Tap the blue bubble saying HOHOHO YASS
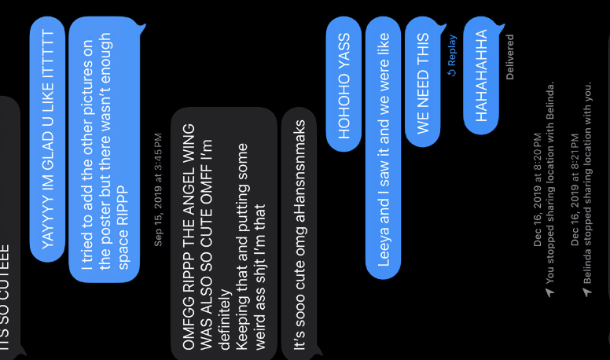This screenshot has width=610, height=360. [344, 84]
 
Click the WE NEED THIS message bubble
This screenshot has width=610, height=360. [423, 82]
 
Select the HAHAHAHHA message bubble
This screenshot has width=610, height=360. [481, 75]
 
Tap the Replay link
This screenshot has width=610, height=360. [452, 55]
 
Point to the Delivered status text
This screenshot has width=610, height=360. [509, 57]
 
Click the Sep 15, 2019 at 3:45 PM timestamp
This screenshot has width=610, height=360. [158, 189]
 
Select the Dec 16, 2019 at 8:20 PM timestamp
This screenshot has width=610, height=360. [537, 189]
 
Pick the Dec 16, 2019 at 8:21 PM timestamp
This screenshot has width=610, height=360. [575, 189]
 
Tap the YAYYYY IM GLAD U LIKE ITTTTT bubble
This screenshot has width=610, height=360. [47, 139]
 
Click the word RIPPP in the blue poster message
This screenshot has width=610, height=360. [123, 205]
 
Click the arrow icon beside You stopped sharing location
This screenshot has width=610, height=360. [549, 292]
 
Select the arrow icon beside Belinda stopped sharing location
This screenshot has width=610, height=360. [587, 292]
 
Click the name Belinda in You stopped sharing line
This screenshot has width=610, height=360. [549, 101]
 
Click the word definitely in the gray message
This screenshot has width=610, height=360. [225, 320]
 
